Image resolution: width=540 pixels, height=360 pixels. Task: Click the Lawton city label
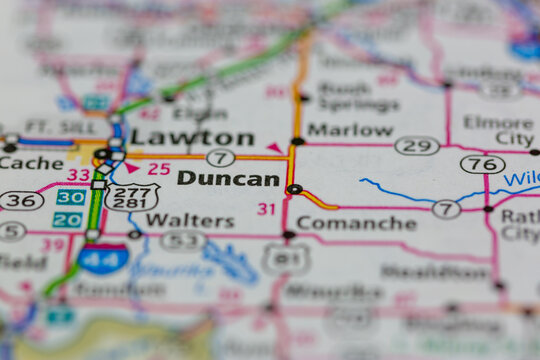pos(192,137)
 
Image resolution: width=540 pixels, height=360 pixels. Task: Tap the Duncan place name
pos(228,179)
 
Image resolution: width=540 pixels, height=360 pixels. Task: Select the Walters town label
pos(190,220)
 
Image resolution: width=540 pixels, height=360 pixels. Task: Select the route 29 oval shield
pos(417,146)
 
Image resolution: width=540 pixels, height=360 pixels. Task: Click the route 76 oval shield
pos(482,164)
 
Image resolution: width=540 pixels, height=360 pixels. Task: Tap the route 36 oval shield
pos(21,200)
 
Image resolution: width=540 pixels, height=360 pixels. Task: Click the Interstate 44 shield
pos(103,258)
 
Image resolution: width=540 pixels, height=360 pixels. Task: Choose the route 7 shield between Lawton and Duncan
pos(221,158)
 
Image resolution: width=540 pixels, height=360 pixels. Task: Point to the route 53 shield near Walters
pos(183,241)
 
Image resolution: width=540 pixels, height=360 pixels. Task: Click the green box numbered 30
pos(70,198)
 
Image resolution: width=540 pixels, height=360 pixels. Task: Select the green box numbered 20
pos(68,220)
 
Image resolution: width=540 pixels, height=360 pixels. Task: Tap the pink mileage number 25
pos(159,168)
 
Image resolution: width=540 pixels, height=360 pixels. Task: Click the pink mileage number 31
pos(266,209)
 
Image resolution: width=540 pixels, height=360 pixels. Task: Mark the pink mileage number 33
pos(78,175)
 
